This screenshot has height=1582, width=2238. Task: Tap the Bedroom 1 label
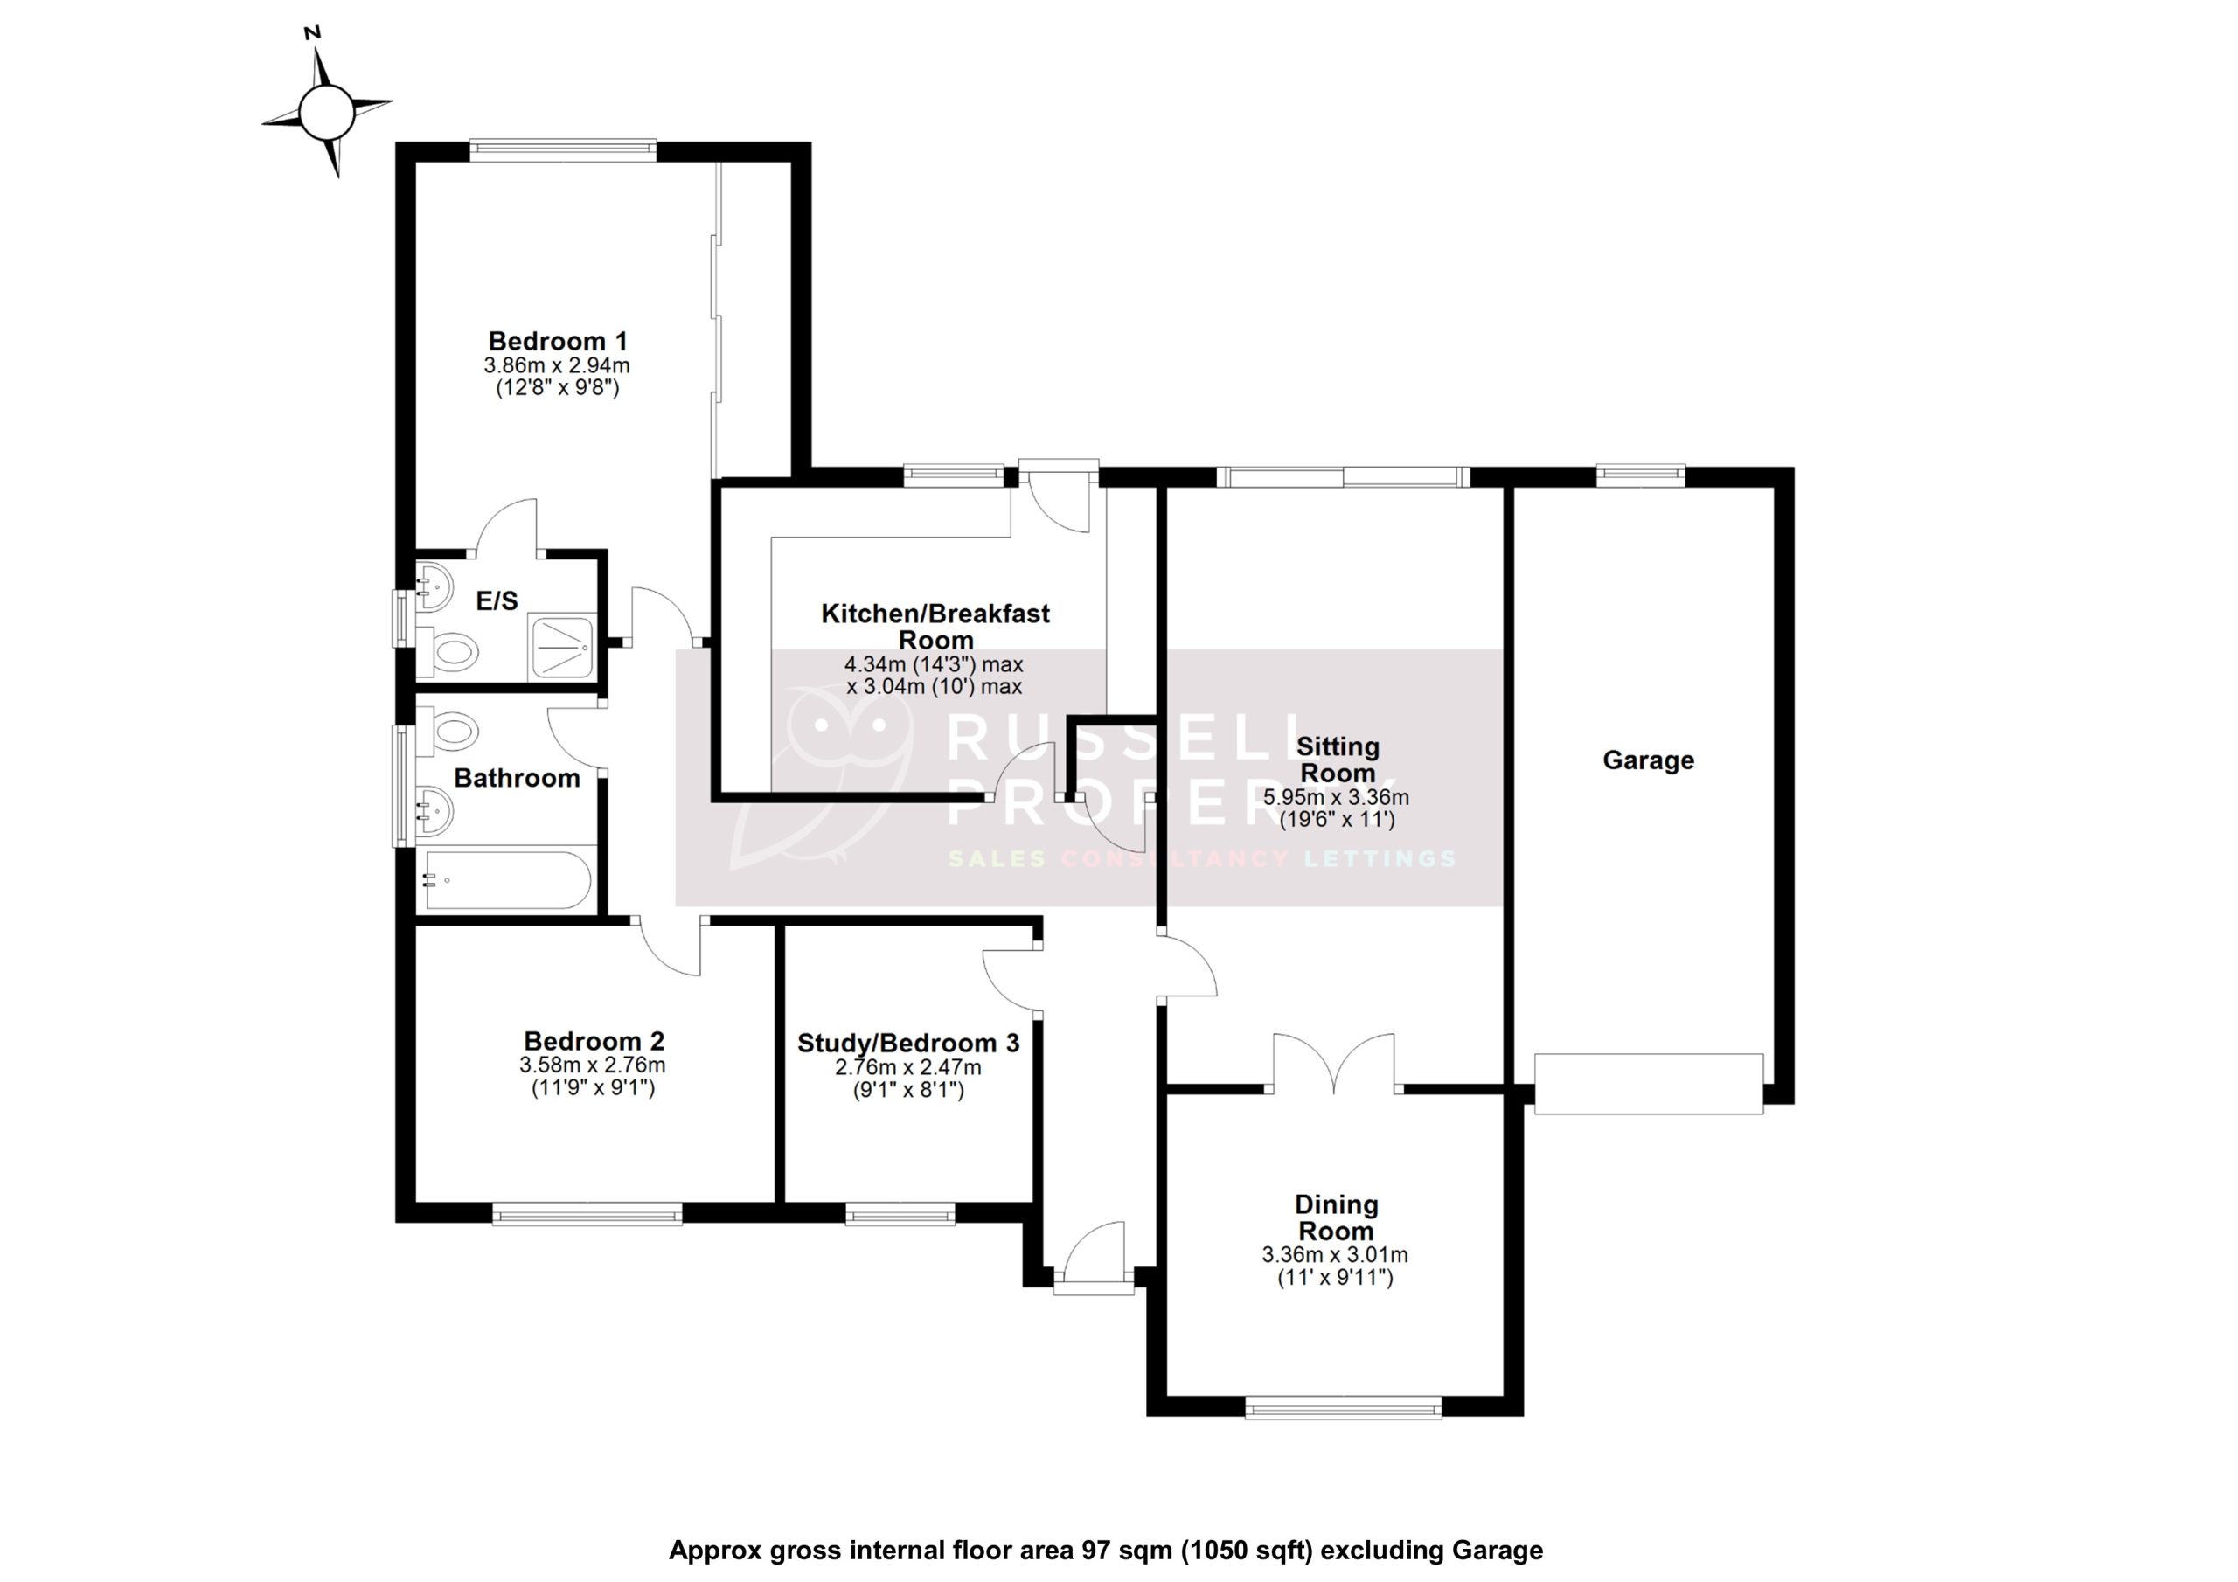tap(558, 341)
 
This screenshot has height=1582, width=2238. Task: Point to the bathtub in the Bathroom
tap(507, 881)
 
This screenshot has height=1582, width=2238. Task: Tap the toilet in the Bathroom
tap(453, 730)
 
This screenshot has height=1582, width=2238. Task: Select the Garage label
tap(1648, 760)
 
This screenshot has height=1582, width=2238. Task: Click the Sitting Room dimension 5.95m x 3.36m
tap(1337, 797)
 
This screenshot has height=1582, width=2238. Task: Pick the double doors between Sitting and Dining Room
tap(1334, 1063)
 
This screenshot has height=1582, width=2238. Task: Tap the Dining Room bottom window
tap(1343, 1405)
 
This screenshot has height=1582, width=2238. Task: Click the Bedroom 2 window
tap(587, 1212)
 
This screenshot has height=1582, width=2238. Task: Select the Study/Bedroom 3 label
tap(908, 1043)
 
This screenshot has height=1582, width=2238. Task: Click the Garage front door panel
tap(1648, 1083)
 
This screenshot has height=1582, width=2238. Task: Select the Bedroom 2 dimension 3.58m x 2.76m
tap(593, 1066)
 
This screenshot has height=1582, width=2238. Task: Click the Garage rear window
tap(1641, 475)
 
